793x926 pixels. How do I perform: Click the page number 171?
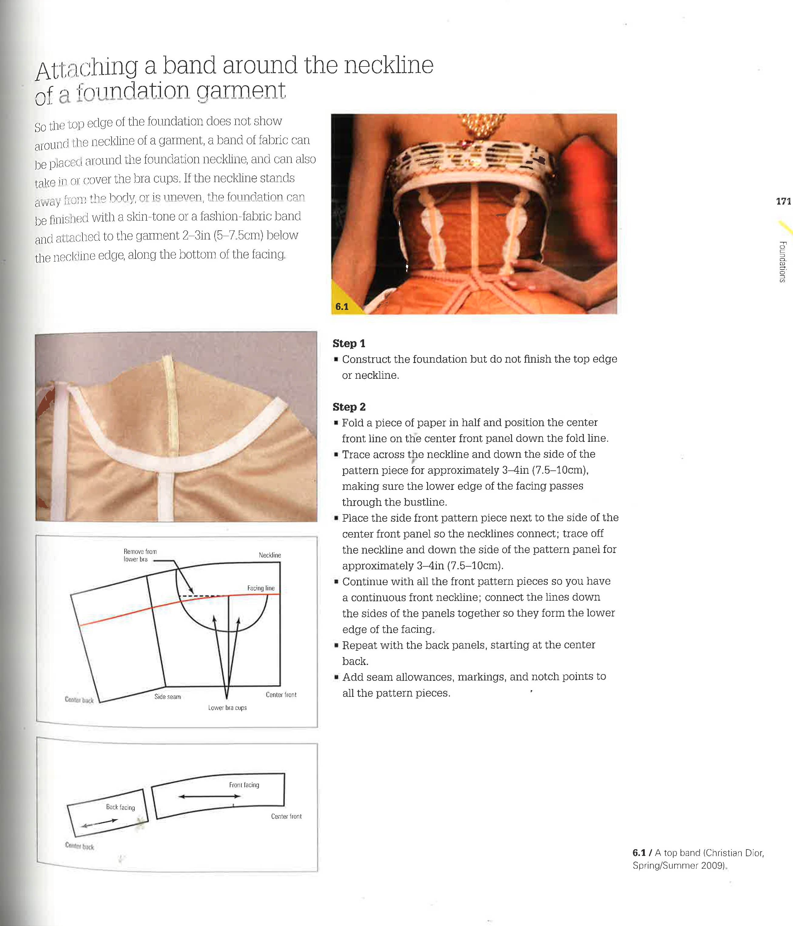pos(783,202)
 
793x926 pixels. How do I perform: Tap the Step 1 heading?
pos(349,343)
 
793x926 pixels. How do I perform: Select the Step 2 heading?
pos(349,407)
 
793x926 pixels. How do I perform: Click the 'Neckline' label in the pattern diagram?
pos(270,555)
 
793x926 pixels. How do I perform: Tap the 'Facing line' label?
pos(261,588)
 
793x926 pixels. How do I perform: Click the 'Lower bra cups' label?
pos(227,707)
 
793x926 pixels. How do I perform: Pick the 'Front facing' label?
pos(244,785)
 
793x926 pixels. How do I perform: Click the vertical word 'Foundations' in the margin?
pos(782,261)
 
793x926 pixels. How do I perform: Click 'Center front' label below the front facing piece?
pos(286,816)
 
